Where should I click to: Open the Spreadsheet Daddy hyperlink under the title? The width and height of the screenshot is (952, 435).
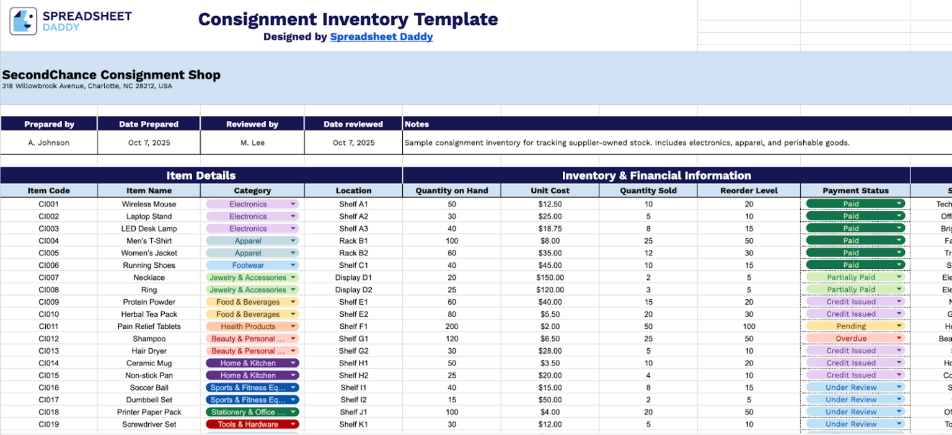click(x=381, y=37)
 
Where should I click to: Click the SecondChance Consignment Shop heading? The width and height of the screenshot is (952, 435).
click(x=112, y=75)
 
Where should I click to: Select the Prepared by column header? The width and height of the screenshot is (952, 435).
click(x=49, y=124)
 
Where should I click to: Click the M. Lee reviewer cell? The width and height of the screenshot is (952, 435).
click(x=252, y=143)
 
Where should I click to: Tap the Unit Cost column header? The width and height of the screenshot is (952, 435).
click(x=550, y=191)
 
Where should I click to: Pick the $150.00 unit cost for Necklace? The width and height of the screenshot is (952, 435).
click(x=550, y=278)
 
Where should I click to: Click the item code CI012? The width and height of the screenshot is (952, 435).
click(x=48, y=339)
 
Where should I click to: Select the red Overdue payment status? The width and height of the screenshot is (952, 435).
click(x=851, y=339)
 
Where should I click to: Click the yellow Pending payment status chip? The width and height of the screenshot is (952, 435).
click(x=851, y=327)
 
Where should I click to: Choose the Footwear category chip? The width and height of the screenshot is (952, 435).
click(x=248, y=265)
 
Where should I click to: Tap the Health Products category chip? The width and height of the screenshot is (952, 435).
click(x=248, y=327)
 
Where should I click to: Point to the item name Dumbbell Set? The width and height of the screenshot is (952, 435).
click(x=149, y=400)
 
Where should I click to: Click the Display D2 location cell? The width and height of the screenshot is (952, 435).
click(x=353, y=290)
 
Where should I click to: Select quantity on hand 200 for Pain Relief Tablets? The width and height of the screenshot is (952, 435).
click(x=451, y=327)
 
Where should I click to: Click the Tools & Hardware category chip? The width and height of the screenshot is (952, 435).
click(x=248, y=424)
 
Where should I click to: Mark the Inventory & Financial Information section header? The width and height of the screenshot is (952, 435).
click(x=656, y=175)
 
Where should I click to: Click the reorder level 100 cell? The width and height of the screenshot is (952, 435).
click(x=749, y=327)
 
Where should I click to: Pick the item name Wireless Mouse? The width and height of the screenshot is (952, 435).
click(x=149, y=204)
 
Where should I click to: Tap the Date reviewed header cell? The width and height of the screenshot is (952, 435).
click(x=353, y=124)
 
